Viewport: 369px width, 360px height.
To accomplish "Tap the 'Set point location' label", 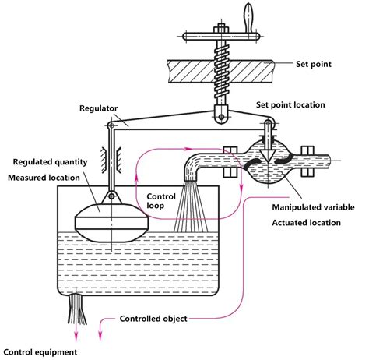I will pyautogui.click(x=308, y=104).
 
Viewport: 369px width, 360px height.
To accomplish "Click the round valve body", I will pyautogui.click(x=267, y=159).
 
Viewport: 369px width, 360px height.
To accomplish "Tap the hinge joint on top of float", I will pyautogui.click(x=113, y=196).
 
